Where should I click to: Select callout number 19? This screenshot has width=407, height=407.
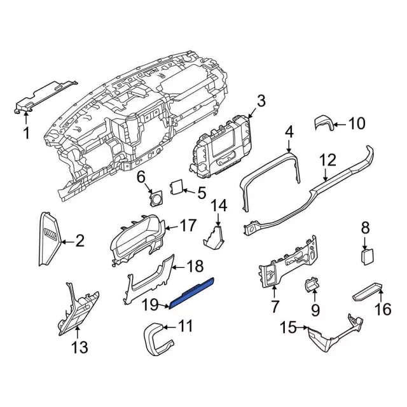click(x=149, y=305)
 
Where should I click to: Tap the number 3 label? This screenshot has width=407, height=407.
click(x=261, y=100)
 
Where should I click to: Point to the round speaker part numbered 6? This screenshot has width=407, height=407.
click(x=154, y=198)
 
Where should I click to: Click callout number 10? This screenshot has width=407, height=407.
click(x=356, y=123)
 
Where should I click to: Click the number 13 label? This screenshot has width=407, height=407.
click(x=79, y=347)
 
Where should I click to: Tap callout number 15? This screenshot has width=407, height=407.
click(x=288, y=328)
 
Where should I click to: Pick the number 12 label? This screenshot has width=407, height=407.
click(x=327, y=160)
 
